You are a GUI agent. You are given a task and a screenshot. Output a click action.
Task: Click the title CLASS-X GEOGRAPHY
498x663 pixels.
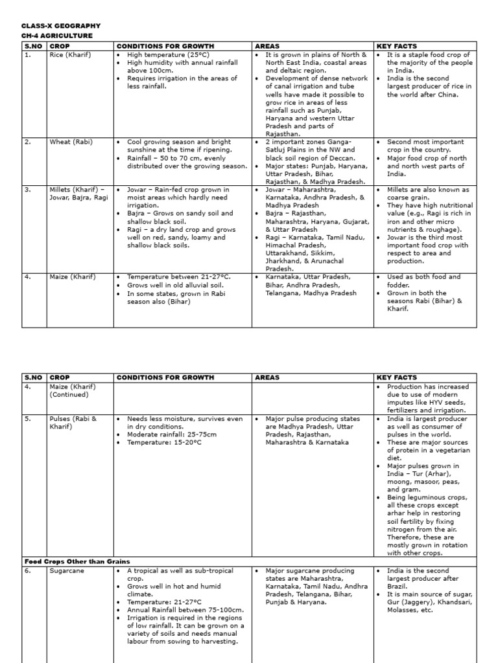[x=62, y=26]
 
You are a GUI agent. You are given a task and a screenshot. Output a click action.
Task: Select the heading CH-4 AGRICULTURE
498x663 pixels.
[x=57, y=36]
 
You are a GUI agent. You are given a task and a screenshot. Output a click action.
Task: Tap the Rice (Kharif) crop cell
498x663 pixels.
[x=70, y=55]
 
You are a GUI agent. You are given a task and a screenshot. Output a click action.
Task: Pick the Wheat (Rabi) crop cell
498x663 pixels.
[x=71, y=142]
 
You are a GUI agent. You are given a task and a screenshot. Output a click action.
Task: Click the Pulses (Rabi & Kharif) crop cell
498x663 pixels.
[x=73, y=423]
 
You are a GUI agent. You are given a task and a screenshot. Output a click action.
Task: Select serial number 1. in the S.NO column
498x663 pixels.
[x=28, y=55]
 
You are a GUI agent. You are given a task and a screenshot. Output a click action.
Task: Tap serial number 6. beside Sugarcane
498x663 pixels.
[x=28, y=571]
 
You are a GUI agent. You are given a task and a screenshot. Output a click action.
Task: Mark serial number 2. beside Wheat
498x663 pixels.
[x=28, y=142]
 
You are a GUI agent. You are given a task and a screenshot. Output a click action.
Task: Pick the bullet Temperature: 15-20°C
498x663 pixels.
[x=164, y=442]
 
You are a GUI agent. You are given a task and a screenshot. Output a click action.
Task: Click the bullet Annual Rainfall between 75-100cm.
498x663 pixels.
[x=185, y=610]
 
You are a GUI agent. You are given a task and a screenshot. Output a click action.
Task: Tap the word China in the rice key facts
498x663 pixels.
[x=447, y=95]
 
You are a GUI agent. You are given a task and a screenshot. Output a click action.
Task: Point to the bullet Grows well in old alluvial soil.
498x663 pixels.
[x=179, y=285]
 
